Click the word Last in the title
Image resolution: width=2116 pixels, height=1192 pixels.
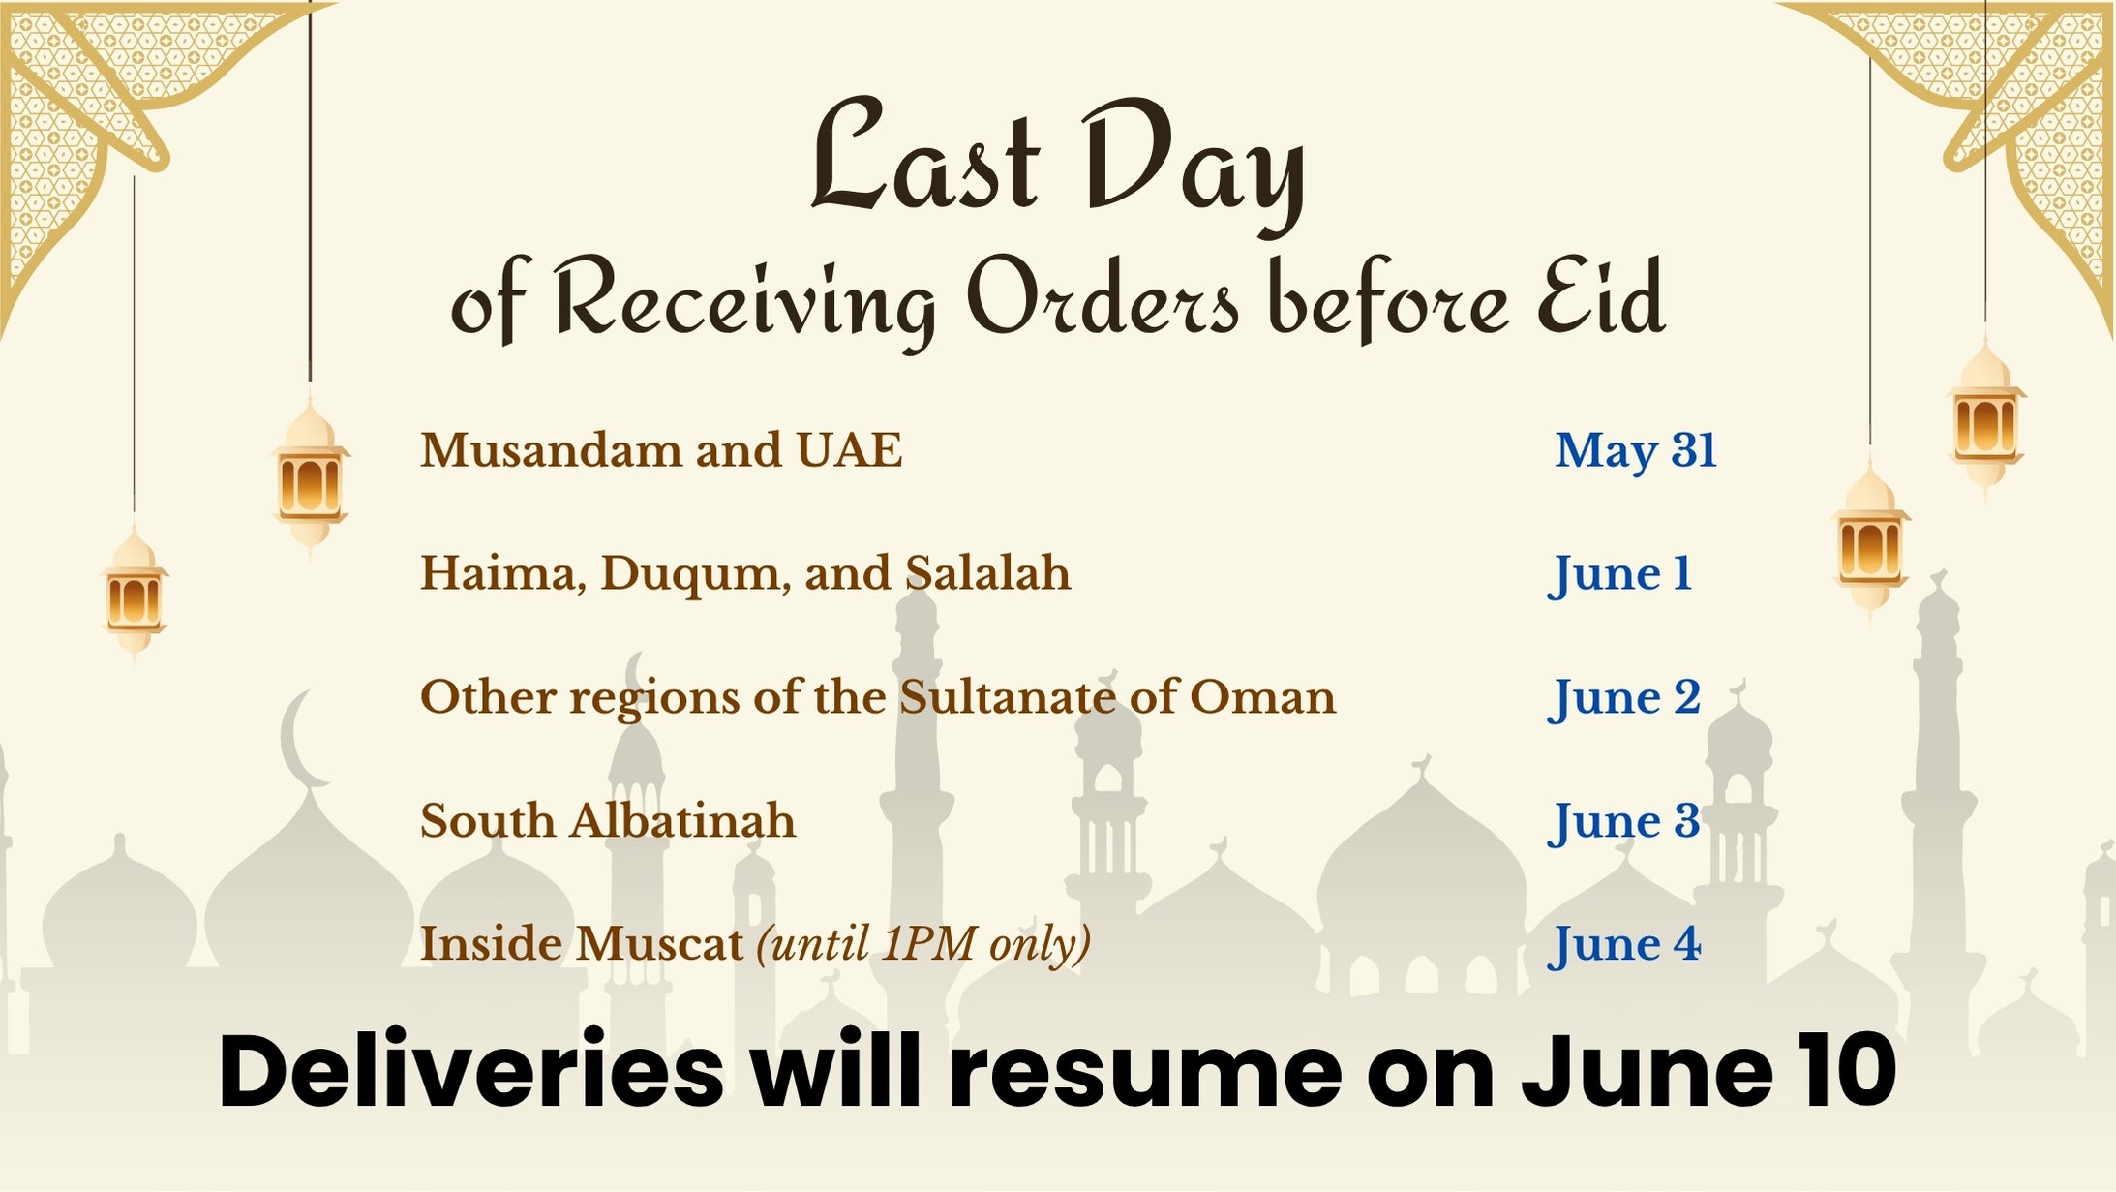(x=925, y=155)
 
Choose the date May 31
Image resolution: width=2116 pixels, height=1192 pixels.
(x=1636, y=451)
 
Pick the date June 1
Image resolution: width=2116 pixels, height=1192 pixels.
(x=1619, y=574)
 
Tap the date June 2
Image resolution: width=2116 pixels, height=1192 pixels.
(x=1623, y=698)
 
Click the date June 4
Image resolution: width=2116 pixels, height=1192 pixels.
(x=1623, y=945)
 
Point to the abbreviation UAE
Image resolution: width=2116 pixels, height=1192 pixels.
(x=849, y=450)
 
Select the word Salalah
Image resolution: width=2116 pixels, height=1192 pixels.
(x=987, y=573)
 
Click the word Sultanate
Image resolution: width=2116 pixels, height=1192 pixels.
(x=1007, y=697)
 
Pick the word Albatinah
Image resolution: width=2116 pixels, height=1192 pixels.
(x=681, y=821)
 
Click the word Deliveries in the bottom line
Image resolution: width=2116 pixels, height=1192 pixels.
(x=471, y=1071)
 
